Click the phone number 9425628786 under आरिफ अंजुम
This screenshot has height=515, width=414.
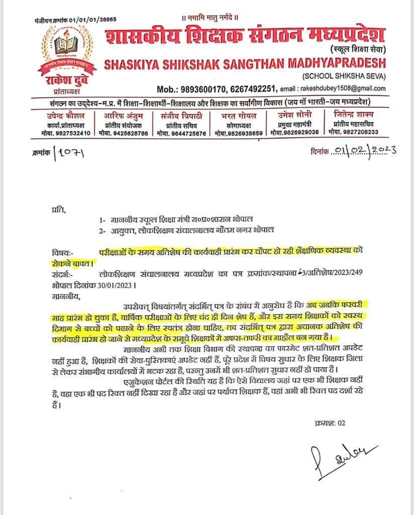click(x=131, y=133)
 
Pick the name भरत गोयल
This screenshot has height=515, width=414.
click(x=239, y=115)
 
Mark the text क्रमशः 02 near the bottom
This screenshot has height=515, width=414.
click(x=329, y=423)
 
